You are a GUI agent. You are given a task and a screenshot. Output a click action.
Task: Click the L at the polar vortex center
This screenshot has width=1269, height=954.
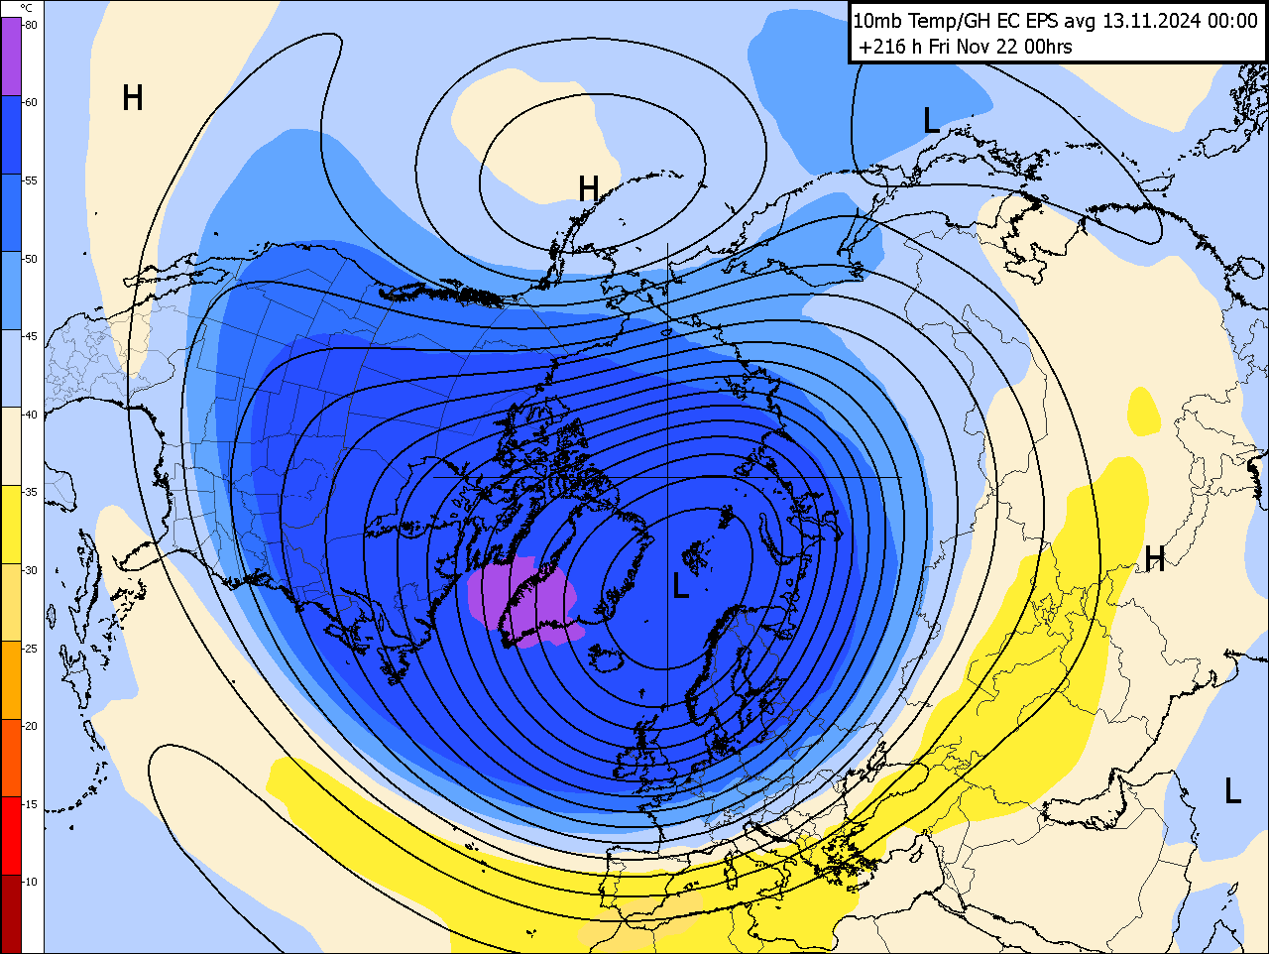click(680, 586)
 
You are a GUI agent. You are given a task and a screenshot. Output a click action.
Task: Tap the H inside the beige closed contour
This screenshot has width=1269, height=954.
click(589, 188)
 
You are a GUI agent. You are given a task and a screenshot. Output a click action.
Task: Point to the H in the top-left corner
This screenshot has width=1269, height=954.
click(133, 98)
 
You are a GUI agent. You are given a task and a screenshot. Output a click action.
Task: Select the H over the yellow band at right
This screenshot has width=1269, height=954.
click(1155, 559)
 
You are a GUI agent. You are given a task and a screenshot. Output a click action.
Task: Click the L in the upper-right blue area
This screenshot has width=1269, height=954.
click(931, 121)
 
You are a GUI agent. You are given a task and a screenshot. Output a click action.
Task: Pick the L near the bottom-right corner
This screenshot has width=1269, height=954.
click(1232, 791)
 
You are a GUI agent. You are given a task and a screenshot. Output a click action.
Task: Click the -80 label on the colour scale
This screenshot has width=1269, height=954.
click(31, 25)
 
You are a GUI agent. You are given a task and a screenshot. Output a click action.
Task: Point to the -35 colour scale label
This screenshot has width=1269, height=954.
click(31, 492)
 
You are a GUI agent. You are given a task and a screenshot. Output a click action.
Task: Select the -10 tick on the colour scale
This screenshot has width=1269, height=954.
click(31, 882)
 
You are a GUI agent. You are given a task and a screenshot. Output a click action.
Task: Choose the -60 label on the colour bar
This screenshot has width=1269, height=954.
click(31, 102)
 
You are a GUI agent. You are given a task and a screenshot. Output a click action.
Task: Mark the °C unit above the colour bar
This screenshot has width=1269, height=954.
click(27, 8)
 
